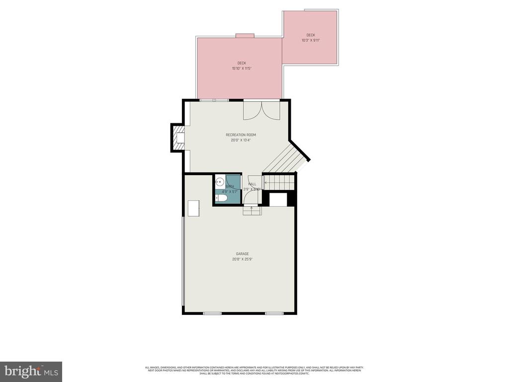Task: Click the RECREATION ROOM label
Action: click(x=241, y=135)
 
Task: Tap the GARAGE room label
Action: click(x=242, y=254)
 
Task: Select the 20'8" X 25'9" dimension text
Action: click(x=242, y=259)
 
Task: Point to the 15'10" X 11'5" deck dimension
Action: click(x=241, y=68)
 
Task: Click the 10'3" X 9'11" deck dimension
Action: click(x=310, y=40)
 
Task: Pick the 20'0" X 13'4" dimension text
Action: click(x=241, y=140)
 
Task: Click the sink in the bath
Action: click(x=219, y=183)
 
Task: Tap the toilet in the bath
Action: click(x=222, y=198)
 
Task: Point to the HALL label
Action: click(x=253, y=184)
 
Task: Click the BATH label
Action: click(x=230, y=187)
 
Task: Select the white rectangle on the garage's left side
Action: click(x=193, y=208)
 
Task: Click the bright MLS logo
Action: click(x=31, y=371)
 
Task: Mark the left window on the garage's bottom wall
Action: click(x=212, y=313)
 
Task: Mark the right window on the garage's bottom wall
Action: click(x=274, y=313)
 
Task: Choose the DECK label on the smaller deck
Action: click(x=311, y=35)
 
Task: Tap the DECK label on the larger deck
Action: click(x=242, y=63)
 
